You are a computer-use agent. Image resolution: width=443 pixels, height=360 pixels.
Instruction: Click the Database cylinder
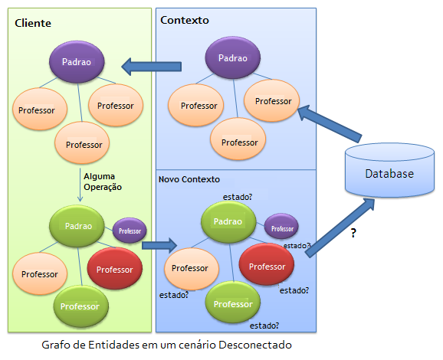389,170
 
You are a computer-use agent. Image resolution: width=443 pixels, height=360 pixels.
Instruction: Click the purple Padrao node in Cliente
77,62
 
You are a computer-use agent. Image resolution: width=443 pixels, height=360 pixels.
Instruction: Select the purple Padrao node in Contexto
233,57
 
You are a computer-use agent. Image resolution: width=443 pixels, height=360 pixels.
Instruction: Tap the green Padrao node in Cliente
77,226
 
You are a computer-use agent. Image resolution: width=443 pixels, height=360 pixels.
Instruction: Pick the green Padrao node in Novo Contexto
228,222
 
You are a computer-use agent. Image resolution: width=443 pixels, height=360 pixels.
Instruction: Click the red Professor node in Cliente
115,269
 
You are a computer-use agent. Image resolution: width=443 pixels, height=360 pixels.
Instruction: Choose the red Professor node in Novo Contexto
267,264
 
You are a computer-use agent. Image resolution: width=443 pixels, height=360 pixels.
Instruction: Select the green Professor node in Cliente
81,306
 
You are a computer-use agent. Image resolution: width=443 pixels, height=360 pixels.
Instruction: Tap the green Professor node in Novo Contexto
233,303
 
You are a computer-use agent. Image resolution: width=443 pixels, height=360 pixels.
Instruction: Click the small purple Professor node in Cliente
130,231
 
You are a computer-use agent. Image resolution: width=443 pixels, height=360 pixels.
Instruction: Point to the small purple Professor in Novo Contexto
281,227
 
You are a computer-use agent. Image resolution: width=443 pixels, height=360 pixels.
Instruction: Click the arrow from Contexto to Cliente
152,67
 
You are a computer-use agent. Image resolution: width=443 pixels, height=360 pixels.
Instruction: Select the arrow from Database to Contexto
330,123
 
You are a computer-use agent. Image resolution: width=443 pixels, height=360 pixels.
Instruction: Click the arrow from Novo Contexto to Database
340,227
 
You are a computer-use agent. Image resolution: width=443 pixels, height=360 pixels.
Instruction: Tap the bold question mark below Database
353,233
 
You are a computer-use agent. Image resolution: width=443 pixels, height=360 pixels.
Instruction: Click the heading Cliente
33,23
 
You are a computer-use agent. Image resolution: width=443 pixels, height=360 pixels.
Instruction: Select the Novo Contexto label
189,179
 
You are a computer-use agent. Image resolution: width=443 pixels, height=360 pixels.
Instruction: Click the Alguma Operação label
103,182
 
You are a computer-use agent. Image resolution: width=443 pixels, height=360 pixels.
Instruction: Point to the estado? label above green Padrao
238,197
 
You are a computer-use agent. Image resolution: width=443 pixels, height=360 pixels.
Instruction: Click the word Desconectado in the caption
255,345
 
